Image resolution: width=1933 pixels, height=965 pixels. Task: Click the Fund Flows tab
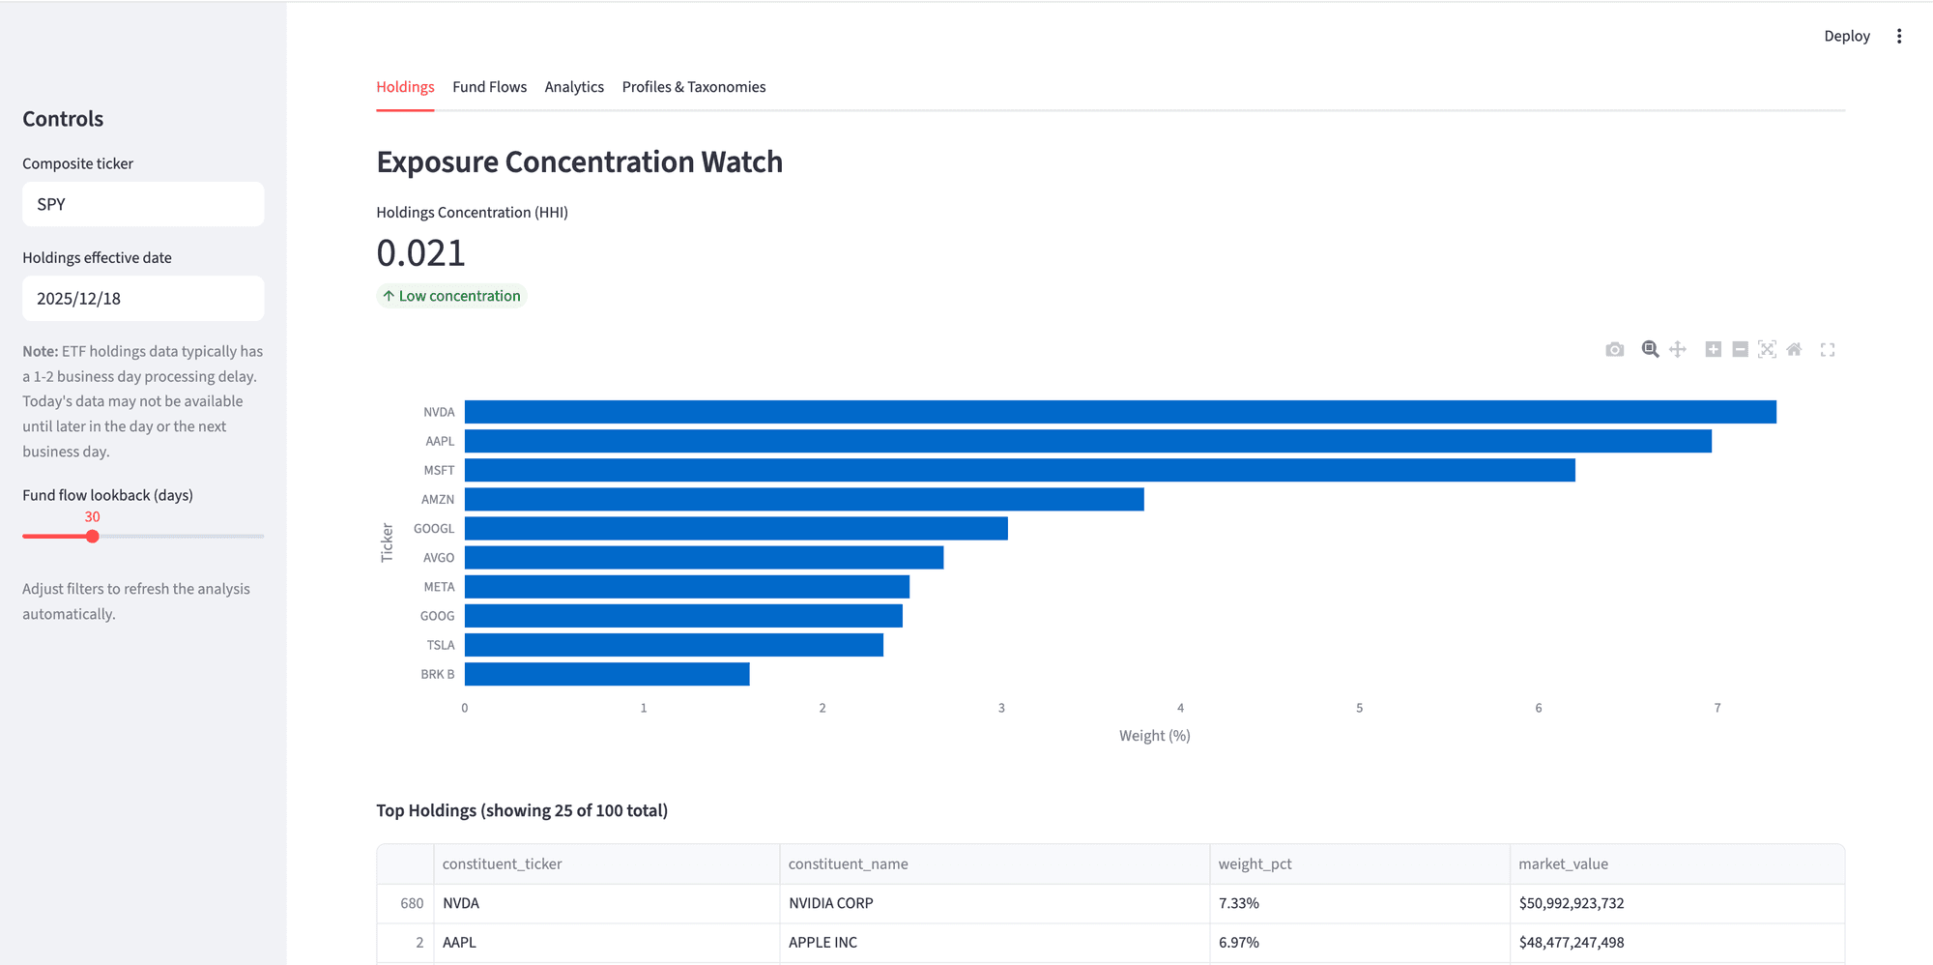click(489, 87)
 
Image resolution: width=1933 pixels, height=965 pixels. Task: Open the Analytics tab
click(574, 87)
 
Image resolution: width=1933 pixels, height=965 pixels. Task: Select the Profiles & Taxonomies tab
click(693, 87)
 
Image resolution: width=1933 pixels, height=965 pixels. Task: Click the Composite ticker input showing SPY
click(143, 204)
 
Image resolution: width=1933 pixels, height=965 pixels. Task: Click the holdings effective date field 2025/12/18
click(143, 299)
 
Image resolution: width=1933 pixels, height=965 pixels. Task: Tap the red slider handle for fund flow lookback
click(93, 537)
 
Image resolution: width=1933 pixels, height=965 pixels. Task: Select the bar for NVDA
click(1119, 412)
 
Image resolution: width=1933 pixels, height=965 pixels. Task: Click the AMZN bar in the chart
click(804, 499)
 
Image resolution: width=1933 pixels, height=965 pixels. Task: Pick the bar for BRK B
click(607, 674)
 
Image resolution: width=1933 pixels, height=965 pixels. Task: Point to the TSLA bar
click(674, 645)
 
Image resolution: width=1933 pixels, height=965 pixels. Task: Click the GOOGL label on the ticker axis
click(434, 529)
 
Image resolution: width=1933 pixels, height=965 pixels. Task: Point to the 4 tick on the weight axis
click(1180, 708)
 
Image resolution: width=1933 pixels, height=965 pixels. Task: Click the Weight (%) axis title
click(1154, 736)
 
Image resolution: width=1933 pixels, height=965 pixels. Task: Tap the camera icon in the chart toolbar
click(1614, 350)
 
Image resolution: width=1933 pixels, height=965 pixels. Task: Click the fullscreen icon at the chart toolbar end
click(1827, 350)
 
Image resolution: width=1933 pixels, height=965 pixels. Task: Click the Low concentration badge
click(451, 296)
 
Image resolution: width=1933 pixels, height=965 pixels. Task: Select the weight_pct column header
click(1255, 863)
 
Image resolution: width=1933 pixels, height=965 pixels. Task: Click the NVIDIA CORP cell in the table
click(830, 903)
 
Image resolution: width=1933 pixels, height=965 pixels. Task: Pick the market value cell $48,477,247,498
click(1571, 942)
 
